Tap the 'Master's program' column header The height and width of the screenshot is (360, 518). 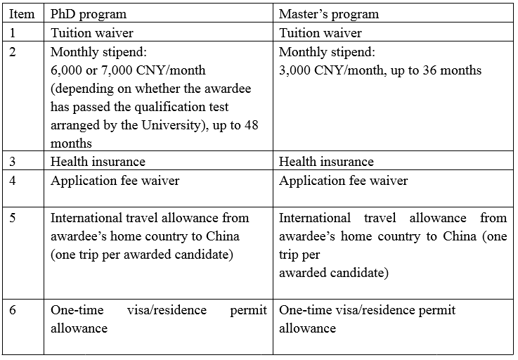[x=329, y=15]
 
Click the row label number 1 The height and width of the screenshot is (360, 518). [x=13, y=33]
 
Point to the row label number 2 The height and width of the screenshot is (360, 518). [x=13, y=52]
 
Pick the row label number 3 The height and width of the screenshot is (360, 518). [x=13, y=162]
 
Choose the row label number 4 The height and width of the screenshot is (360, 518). [x=13, y=181]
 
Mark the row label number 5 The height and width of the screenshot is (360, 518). [x=13, y=218]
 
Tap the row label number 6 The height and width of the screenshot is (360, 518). [x=13, y=310]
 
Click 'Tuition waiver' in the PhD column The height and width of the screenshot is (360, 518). [x=92, y=33]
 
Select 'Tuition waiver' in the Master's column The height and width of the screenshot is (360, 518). [x=320, y=33]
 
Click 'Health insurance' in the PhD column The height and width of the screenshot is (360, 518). [x=98, y=162]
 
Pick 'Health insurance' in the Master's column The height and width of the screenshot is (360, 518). [x=326, y=162]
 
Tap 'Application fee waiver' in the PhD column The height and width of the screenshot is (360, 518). [x=115, y=181]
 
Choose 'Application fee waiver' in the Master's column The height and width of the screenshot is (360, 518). [x=343, y=181]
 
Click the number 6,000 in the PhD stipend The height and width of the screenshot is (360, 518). [x=67, y=70]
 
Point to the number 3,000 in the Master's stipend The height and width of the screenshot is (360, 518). [x=295, y=70]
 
